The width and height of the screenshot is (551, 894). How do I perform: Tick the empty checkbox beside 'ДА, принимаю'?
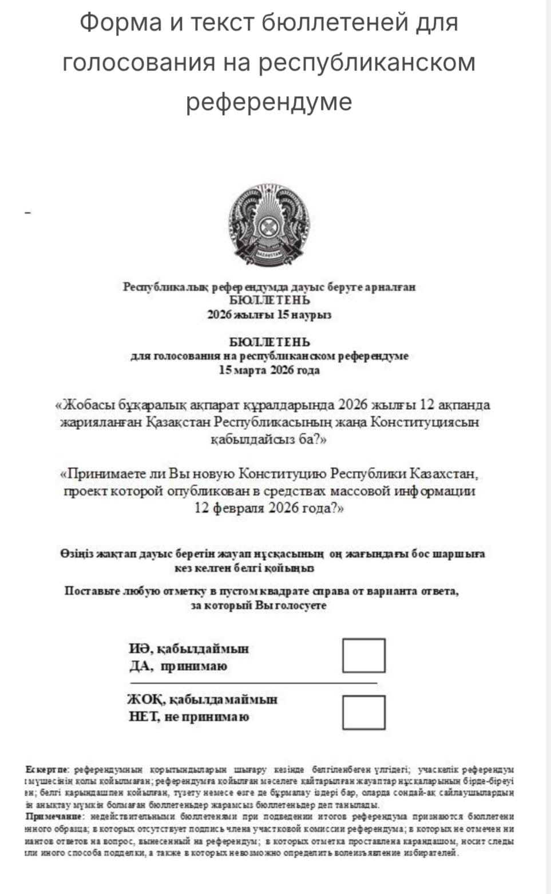pyautogui.click(x=363, y=655)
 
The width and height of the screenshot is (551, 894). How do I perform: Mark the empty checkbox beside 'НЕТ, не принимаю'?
pyautogui.click(x=363, y=712)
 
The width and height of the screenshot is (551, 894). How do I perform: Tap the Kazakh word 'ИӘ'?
pyautogui.click(x=139, y=649)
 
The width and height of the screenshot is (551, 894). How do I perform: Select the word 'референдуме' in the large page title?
pyautogui.click(x=268, y=101)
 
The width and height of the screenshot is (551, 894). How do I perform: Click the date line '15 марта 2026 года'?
pyautogui.click(x=269, y=370)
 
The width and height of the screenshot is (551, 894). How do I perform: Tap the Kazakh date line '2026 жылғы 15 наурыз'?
pyautogui.click(x=269, y=315)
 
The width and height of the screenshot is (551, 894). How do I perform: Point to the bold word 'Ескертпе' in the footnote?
pyautogui.click(x=47, y=769)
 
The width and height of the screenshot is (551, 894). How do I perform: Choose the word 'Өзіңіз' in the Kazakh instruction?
pyautogui.click(x=76, y=553)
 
